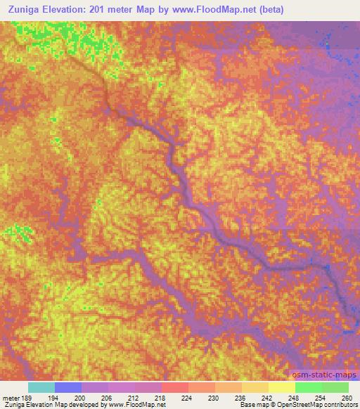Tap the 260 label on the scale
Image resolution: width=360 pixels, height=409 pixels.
click(x=346, y=397)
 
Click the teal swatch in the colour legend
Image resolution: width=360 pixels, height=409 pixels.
click(x=41, y=387)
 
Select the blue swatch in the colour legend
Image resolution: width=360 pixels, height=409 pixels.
click(x=68, y=387)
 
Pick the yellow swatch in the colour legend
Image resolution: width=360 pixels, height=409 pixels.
click(x=282, y=387)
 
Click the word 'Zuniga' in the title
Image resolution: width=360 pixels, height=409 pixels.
click(x=21, y=10)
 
